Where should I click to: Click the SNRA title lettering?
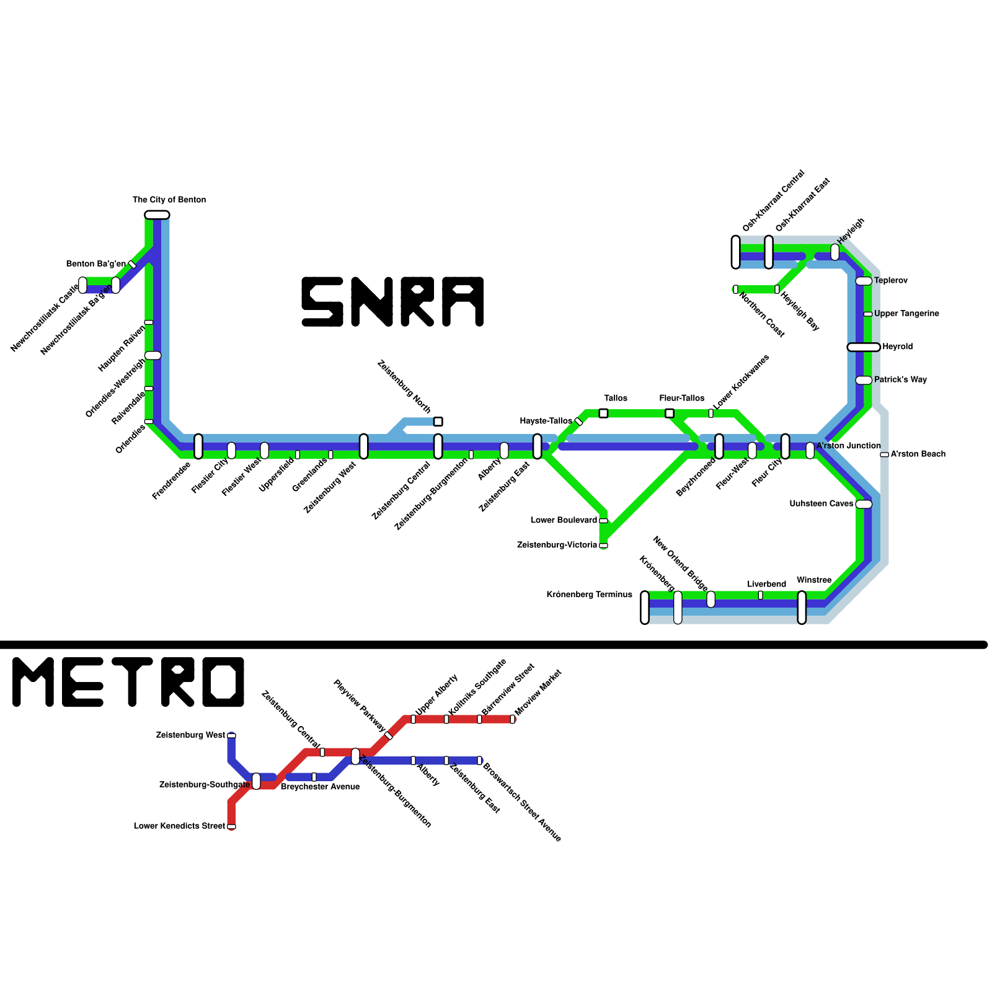pyautogui.click(x=392, y=302)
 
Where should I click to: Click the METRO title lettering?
pyautogui.click(x=128, y=682)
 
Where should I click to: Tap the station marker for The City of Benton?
pyautogui.click(x=157, y=215)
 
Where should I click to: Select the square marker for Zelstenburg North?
pyautogui.click(x=438, y=422)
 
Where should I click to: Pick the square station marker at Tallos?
pyautogui.click(x=603, y=413)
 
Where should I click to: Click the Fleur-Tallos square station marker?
pyautogui.click(x=669, y=413)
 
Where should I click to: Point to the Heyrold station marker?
pyautogui.click(x=864, y=347)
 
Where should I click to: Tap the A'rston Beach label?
pyautogui.click(x=918, y=454)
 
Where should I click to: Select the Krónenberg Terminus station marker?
pyautogui.click(x=645, y=608)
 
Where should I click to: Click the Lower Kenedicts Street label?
pyautogui.click(x=179, y=826)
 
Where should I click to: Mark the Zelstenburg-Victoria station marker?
pyautogui.click(x=603, y=546)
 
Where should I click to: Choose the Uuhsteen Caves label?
pyautogui.click(x=821, y=504)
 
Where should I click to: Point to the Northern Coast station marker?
pyautogui.click(x=735, y=290)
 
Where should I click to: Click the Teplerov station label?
pyautogui.click(x=891, y=281)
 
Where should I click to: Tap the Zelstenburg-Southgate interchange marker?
pyautogui.click(x=256, y=781)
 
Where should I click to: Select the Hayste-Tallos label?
pyautogui.click(x=546, y=422)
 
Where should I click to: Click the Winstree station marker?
pyautogui.click(x=802, y=608)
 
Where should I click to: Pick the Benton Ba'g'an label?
pyautogui.click(x=96, y=264)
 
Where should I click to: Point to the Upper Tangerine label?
pyautogui.click(x=906, y=314)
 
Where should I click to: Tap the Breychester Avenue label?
pyautogui.click(x=320, y=787)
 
